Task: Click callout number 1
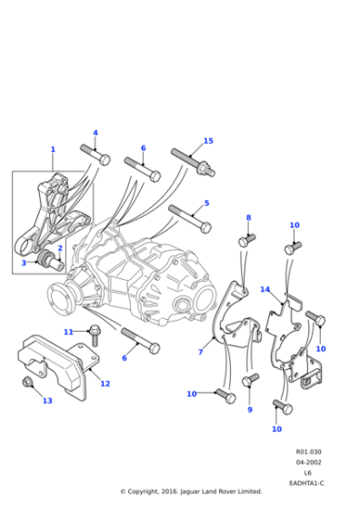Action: pos(53,149)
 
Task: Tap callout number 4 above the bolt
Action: pos(95,133)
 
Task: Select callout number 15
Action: pos(207,141)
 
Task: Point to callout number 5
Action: pos(206,204)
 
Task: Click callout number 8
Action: pos(247,218)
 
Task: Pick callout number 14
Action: pos(265,289)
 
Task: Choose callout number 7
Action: pos(200,352)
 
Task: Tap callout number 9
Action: pos(250,409)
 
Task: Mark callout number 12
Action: pos(105,384)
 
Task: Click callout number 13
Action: pos(47,400)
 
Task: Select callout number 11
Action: pos(67,332)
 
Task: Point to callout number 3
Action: pos(25,263)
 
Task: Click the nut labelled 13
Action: pos(29,384)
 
